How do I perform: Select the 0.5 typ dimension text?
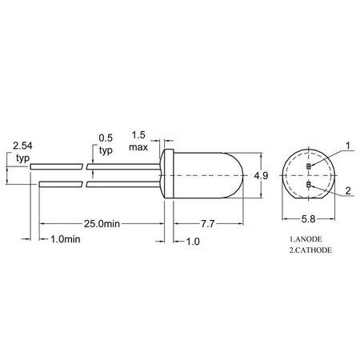[x=106, y=143]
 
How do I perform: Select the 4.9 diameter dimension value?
[x=260, y=175]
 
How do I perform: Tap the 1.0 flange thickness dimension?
[x=192, y=240]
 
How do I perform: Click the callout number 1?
[x=348, y=146]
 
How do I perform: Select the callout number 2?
[x=348, y=191]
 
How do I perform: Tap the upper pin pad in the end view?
[x=309, y=166]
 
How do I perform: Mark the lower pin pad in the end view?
[x=309, y=186]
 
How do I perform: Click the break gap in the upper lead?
[x=86, y=166]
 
